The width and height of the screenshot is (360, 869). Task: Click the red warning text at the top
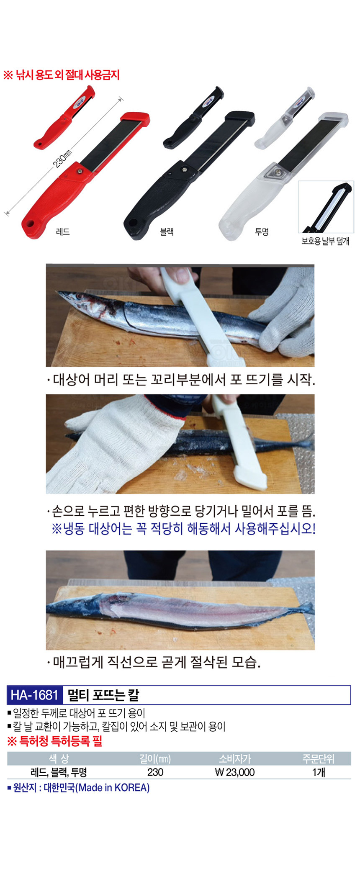62,75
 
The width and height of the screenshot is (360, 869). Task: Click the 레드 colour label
63,231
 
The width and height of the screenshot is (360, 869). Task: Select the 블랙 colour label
167,231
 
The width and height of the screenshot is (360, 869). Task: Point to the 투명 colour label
262,231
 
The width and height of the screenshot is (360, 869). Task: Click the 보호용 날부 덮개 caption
325,241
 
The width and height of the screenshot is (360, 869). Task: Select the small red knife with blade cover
64,117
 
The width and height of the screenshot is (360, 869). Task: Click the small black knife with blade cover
193,118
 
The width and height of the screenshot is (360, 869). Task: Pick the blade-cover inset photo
326,207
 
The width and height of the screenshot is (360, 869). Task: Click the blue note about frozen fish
183,528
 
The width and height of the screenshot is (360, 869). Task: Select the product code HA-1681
34,695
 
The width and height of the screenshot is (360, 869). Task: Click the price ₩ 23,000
234,772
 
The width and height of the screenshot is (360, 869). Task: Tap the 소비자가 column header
235,758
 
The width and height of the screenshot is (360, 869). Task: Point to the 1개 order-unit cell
319,772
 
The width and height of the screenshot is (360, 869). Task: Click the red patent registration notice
55,741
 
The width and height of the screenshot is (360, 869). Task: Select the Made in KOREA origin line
78,787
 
